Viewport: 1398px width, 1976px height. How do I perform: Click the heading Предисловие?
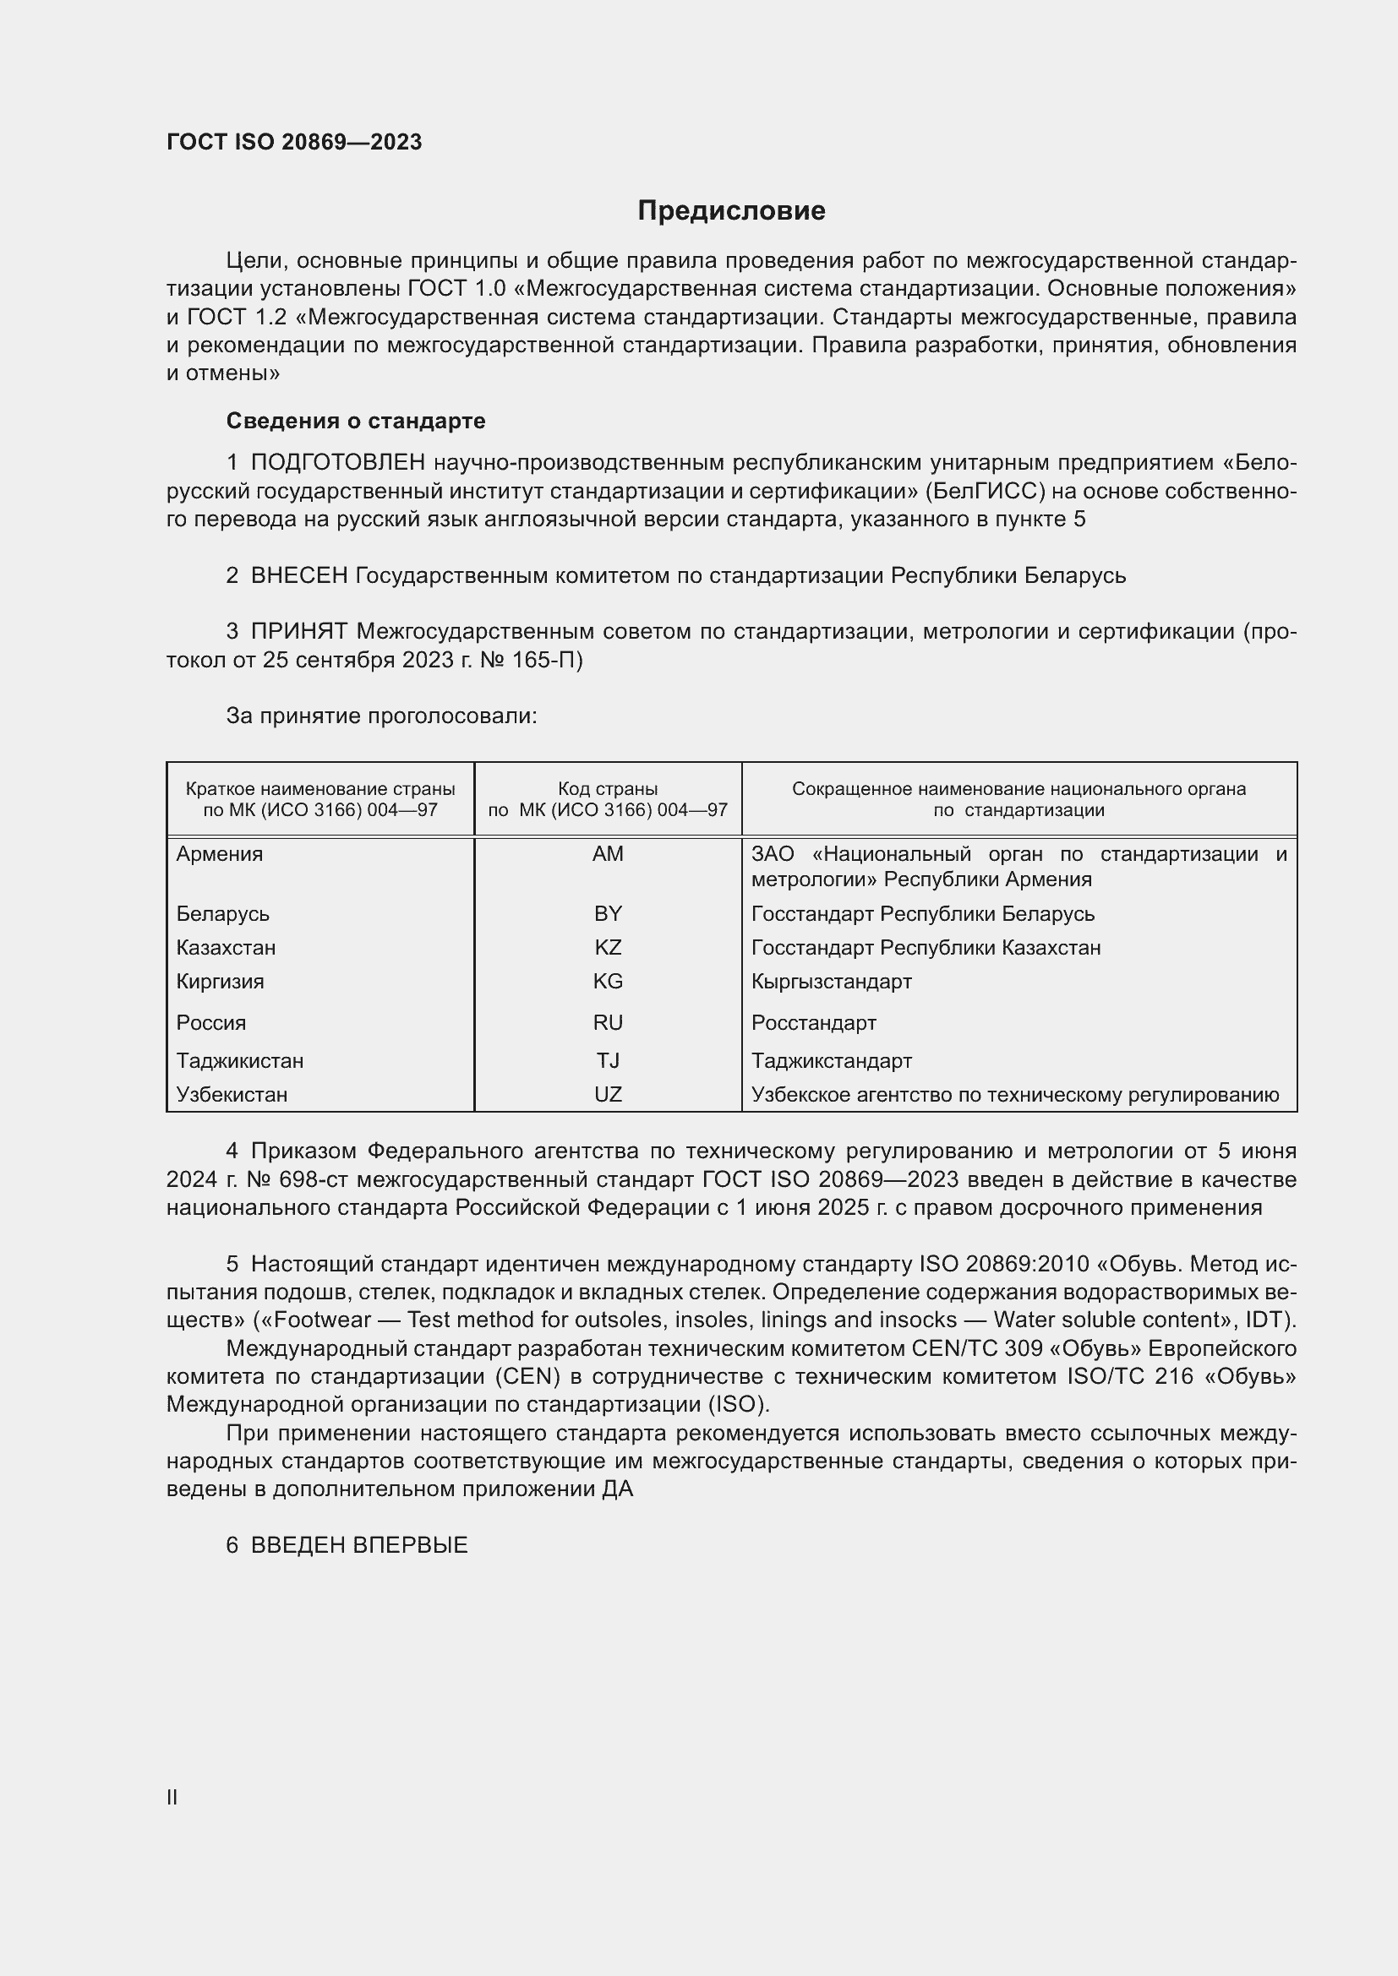731,211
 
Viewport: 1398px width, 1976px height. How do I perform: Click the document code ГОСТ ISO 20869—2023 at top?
294,142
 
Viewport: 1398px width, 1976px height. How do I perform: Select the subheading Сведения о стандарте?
356,421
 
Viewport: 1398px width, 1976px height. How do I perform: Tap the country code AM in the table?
608,854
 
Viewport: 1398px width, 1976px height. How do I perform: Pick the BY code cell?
608,913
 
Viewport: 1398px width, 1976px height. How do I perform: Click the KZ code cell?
608,948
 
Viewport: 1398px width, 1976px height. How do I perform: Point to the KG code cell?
608,981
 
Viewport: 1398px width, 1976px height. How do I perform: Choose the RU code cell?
608,1022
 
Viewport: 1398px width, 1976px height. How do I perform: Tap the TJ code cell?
608,1060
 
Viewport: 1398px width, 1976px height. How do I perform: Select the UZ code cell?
608,1095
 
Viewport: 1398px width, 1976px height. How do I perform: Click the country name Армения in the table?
220,854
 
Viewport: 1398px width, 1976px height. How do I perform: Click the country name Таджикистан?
239,1060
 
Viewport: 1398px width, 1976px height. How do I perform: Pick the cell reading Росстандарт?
813,1022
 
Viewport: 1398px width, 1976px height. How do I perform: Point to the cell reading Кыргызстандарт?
832,981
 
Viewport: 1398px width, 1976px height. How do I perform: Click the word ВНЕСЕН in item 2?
298,575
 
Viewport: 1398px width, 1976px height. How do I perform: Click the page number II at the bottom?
172,1797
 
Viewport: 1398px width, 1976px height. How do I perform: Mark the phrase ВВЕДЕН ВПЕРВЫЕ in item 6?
359,1545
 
